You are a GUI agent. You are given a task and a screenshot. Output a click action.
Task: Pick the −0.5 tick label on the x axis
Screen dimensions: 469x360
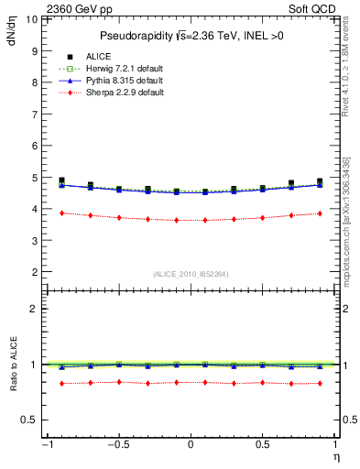[117, 444]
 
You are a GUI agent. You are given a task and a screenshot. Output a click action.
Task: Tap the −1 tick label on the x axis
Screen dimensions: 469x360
[46, 444]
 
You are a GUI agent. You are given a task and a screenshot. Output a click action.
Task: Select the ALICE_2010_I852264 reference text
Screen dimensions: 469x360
[191, 273]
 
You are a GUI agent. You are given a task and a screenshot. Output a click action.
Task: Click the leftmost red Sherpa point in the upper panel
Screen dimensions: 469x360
[61, 213]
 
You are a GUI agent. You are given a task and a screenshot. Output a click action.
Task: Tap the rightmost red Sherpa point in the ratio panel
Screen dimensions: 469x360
[320, 383]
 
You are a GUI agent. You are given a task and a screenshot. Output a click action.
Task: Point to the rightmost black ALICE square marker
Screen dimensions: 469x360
[320, 181]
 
